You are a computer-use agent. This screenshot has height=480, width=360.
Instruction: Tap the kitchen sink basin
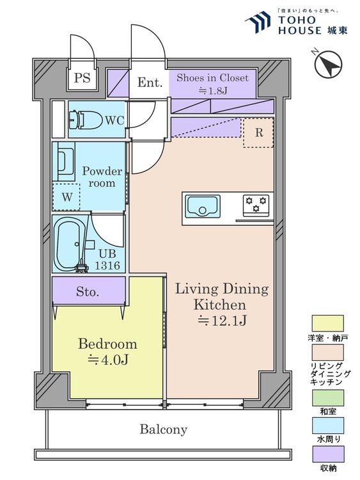tap(203, 206)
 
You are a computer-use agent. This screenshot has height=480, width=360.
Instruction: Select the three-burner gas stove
tap(256, 205)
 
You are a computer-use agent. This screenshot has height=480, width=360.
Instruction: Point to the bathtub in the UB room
tap(69, 244)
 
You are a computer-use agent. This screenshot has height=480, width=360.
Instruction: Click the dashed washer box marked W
tap(67, 196)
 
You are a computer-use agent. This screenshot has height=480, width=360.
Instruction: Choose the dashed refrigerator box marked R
tap(258, 132)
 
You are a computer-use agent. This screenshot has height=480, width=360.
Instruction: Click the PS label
tap(82, 77)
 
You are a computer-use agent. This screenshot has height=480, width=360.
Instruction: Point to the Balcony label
tap(163, 429)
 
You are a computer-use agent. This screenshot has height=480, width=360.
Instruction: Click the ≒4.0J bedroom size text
tap(107, 360)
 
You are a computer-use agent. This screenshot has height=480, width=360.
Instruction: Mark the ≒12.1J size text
tap(222, 320)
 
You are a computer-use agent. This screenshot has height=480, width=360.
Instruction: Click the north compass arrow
tap(328, 65)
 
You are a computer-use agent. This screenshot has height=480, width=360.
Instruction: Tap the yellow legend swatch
tap(327, 323)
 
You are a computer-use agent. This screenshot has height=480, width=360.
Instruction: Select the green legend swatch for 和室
tap(327, 397)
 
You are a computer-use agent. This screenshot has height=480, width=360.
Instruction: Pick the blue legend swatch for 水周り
tap(327, 426)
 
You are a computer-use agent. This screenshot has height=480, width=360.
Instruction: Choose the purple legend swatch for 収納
tap(327, 454)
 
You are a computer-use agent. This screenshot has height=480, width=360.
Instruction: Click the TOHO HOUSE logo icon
tap(258, 22)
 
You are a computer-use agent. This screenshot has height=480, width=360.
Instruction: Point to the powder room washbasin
tap(65, 161)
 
